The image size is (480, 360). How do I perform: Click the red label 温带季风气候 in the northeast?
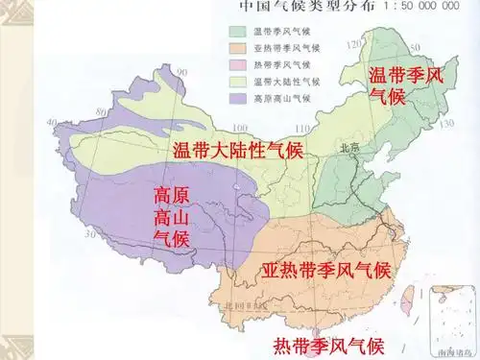(406, 84)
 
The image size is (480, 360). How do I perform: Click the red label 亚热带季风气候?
(326, 270)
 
